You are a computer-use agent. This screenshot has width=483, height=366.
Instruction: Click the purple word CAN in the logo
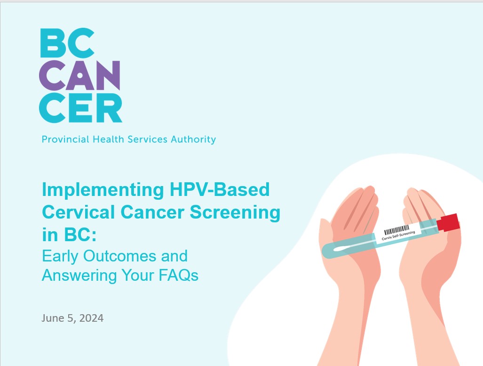pyautogui.click(x=79, y=76)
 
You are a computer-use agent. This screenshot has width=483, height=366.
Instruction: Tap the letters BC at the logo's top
pyautogui.click(x=67, y=43)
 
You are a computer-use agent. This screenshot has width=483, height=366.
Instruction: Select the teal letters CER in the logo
pyautogui.click(x=81, y=108)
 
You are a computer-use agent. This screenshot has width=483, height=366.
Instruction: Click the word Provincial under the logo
pyautogui.click(x=65, y=139)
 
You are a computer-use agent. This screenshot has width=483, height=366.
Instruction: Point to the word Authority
pyautogui.click(x=193, y=139)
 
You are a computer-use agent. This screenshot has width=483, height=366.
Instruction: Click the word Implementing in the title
pyautogui.click(x=103, y=190)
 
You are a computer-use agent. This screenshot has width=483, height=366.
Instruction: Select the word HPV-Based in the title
pyautogui.click(x=220, y=189)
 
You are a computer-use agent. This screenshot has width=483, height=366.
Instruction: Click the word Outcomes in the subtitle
pyautogui.click(x=120, y=256)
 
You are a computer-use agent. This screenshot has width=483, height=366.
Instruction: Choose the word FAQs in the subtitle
pyautogui.click(x=178, y=275)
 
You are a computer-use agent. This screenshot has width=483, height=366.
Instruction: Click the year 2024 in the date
pyautogui.click(x=91, y=318)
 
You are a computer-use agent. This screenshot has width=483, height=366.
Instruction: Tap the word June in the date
pyautogui.click(x=53, y=318)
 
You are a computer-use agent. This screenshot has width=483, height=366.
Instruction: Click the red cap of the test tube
pyautogui.click(x=448, y=222)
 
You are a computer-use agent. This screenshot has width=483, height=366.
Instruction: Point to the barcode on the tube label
pyautogui.click(x=396, y=230)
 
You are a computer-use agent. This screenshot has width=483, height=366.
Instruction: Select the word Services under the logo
pyautogui.click(x=148, y=139)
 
